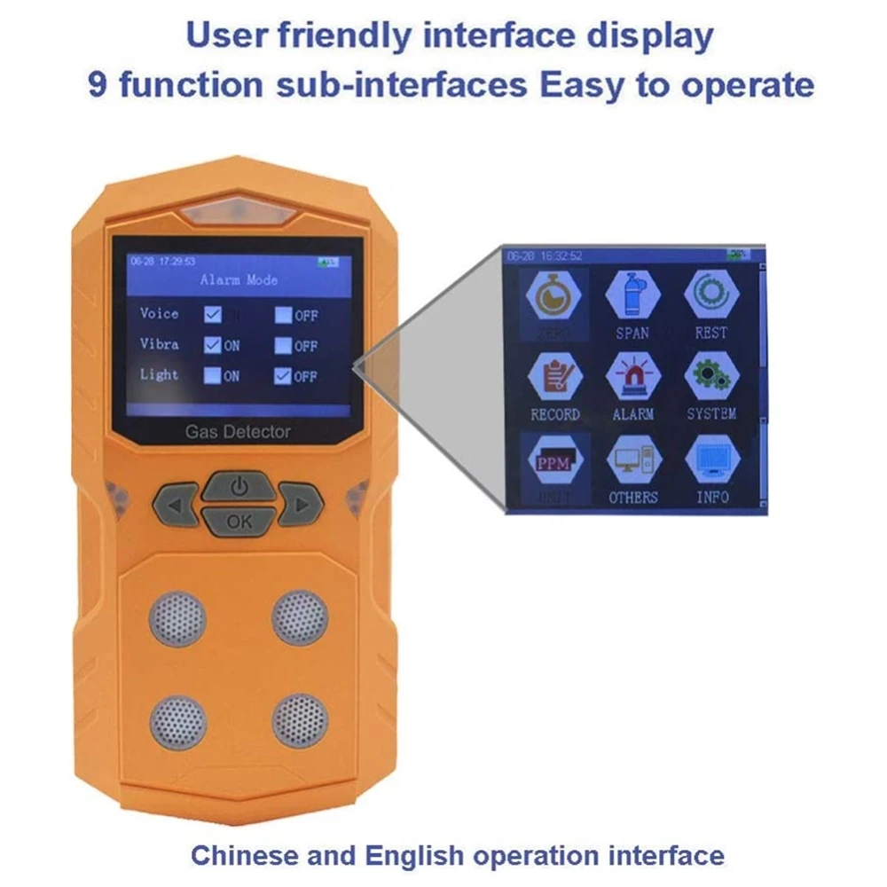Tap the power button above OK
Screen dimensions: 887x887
click(x=239, y=488)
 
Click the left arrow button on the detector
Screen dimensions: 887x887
click(x=175, y=506)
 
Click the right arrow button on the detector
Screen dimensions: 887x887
click(x=302, y=506)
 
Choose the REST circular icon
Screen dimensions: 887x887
click(x=711, y=295)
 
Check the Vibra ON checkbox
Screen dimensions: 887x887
click(x=213, y=345)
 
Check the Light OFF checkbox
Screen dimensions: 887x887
click(x=284, y=375)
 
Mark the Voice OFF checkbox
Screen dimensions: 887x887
click(x=284, y=314)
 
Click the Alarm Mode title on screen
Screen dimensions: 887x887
click(x=239, y=280)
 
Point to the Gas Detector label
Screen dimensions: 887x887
click(x=238, y=432)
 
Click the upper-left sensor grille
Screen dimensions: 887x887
click(x=177, y=618)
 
